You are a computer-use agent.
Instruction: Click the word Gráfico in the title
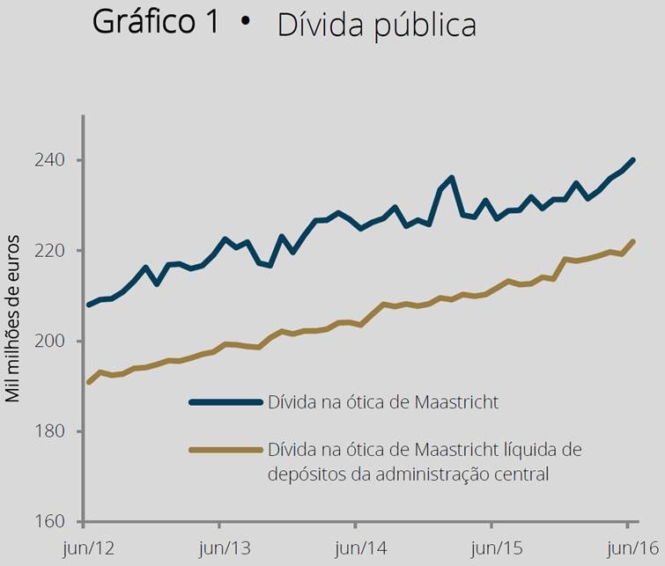tap(144, 22)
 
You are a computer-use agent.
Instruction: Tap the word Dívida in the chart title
tap(318, 25)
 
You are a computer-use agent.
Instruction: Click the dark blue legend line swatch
tap(225, 402)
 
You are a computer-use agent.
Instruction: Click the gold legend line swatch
tap(225, 450)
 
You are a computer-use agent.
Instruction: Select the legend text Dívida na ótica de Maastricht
tap(384, 402)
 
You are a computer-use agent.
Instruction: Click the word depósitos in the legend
tap(304, 474)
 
